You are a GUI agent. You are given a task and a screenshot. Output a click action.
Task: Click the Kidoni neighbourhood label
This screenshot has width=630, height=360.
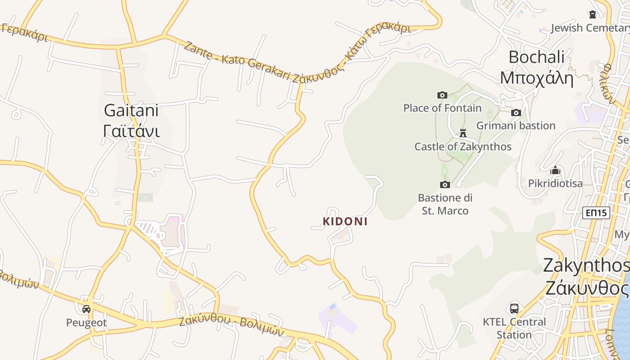point(345,221)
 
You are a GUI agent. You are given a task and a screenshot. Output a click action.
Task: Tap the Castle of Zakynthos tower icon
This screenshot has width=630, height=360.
point(463,133)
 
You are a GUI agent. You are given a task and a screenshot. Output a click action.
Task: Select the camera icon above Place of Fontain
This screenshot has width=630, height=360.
point(442,95)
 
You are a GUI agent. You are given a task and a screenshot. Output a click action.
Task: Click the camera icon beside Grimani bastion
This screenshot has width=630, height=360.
point(516,112)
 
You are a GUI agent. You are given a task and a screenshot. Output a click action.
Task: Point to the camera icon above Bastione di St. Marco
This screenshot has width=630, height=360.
point(445,184)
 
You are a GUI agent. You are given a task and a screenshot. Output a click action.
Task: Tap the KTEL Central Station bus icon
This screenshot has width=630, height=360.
point(514,309)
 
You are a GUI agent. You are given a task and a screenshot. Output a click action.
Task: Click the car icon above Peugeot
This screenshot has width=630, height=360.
point(86,309)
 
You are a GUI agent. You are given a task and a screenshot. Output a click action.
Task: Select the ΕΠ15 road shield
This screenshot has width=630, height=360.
point(596,213)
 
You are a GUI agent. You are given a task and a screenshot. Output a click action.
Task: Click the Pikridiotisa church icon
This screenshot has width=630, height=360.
point(555,170)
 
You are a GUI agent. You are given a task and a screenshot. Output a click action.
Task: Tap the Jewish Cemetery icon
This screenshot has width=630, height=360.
point(593,14)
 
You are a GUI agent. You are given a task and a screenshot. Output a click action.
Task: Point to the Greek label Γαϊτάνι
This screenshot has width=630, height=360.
point(131,131)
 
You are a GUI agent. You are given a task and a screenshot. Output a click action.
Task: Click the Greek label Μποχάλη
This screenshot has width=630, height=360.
point(536,78)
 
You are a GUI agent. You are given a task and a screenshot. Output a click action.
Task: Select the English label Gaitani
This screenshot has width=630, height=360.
point(131,110)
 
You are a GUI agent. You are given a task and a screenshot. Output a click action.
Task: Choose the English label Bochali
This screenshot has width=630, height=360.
point(536,57)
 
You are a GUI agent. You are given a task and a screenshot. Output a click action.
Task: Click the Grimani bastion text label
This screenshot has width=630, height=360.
point(516,126)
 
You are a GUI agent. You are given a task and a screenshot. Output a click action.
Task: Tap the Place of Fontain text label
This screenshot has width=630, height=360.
point(442,108)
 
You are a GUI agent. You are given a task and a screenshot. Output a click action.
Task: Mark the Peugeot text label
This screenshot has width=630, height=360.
point(86,323)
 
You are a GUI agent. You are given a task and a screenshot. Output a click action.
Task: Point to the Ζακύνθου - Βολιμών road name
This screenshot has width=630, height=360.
point(232,326)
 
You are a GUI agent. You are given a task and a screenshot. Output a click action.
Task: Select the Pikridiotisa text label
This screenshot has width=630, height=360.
point(555,184)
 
